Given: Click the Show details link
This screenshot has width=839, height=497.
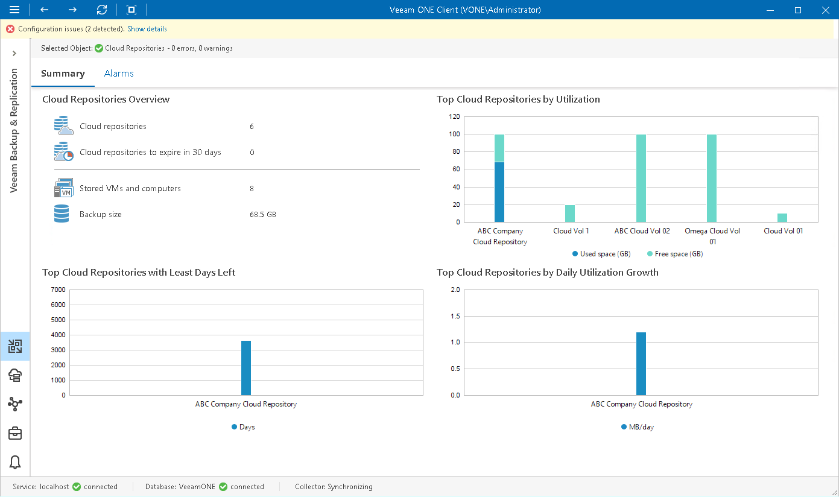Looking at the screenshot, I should coord(147,29).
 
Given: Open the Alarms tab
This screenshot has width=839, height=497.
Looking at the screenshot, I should coord(119,74).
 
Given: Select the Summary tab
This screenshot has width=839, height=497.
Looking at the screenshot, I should coord(63,74).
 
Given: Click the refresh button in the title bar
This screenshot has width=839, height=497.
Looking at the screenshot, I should coord(102,10).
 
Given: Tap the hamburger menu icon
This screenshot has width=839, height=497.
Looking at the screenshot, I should coord(14,10).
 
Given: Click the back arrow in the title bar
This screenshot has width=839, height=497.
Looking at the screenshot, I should coord(44,10).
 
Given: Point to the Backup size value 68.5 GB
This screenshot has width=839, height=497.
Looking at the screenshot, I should coord(262,215).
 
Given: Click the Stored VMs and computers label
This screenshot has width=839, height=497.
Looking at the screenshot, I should coord(130,189).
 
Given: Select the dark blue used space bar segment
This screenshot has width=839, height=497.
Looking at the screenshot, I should coord(499,192).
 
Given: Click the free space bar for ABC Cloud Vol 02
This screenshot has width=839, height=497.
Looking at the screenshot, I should coord(641,178).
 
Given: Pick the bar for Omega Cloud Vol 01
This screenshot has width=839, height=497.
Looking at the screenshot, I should coord(712,178).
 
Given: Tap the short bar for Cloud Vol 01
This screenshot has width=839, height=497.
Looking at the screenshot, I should coord(782,218).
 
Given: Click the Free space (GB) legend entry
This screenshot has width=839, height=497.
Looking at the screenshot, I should coord(674,254).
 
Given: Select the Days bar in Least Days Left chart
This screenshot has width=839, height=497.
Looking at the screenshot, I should coord(246,368).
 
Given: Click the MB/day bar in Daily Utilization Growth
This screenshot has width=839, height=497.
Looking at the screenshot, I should coord(641,364).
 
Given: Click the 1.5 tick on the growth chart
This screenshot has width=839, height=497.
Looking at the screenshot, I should coord(455,316).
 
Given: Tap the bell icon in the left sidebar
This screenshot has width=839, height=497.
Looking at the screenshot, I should coord(15,462).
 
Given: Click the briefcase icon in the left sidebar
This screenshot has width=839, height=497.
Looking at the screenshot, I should coord(15,433).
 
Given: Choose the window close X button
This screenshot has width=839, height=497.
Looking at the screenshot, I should coord(825,10).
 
